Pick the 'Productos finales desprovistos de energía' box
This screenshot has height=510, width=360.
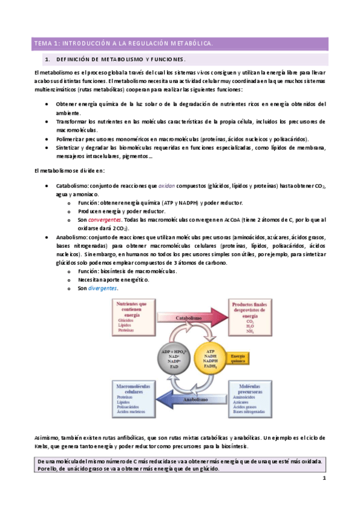[x=248, y=317]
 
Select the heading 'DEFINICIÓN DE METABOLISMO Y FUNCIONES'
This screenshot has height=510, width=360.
[x=120, y=60]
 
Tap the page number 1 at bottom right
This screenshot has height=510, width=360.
[x=323, y=479]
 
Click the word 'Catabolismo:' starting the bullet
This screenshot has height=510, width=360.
[x=73, y=186]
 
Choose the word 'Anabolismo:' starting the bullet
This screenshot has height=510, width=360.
[x=72, y=237]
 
